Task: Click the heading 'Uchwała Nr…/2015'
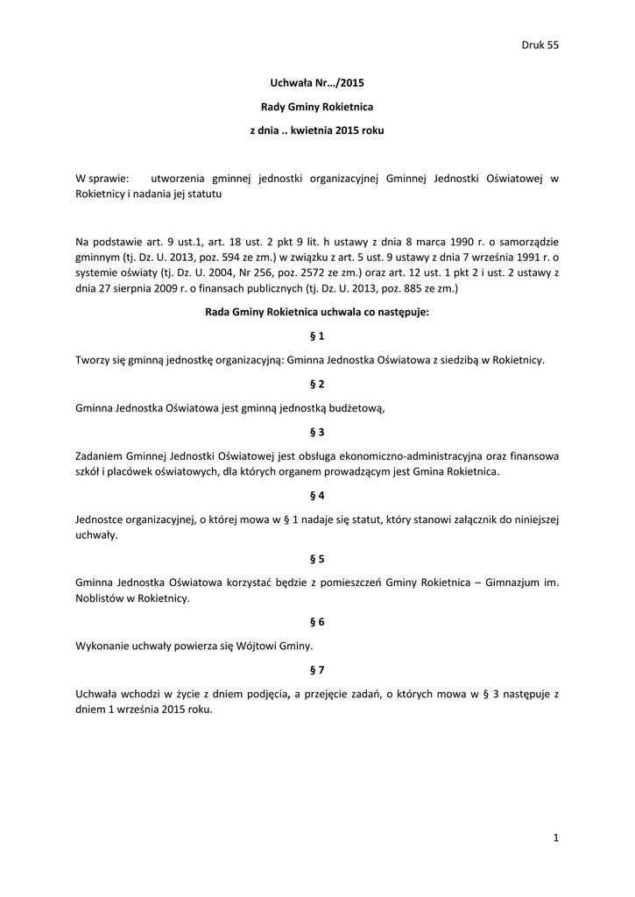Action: [317, 83]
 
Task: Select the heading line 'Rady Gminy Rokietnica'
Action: [317, 107]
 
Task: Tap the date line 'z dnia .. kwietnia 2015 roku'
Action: [317, 131]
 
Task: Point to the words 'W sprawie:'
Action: [102, 178]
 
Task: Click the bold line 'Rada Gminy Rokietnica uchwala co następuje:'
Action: [317, 312]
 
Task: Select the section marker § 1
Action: [317, 335]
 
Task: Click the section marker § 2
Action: [317, 384]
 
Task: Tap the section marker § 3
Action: [317, 431]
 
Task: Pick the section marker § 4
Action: [317, 495]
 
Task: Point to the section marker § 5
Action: [317, 558]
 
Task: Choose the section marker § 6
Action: [317, 622]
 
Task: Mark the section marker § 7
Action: [317, 670]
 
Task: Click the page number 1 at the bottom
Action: [555, 838]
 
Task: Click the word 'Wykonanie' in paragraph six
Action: [102, 646]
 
